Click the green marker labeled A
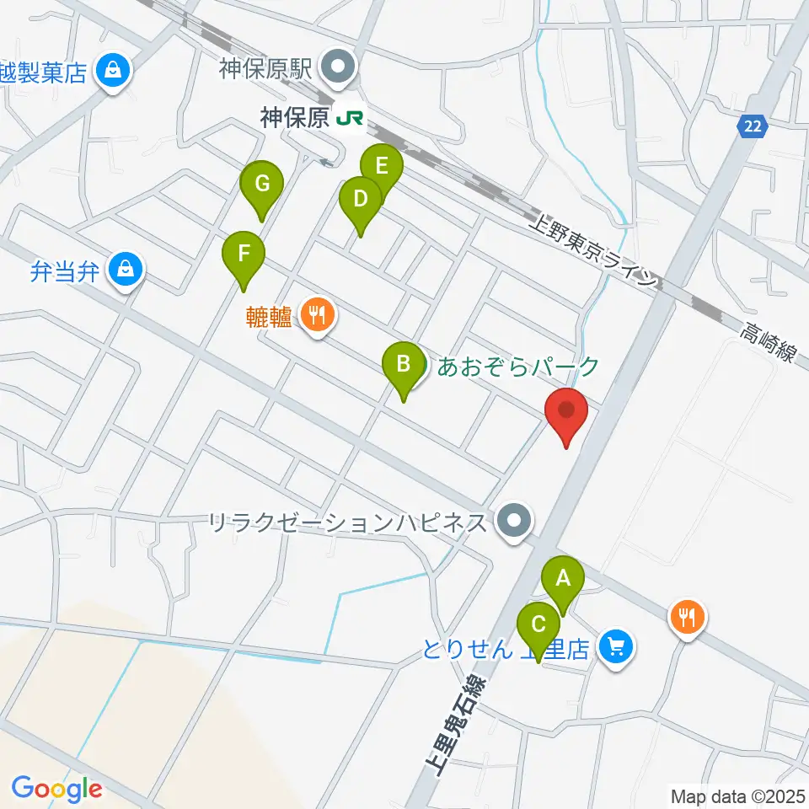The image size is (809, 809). [x=563, y=580]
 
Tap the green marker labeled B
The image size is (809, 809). [x=404, y=365]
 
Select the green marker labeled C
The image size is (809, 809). [x=539, y=626]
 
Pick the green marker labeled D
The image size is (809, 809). [x=360, y=201]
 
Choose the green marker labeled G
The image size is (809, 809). [x=262, y=184]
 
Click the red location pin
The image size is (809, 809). [x=565, y=412]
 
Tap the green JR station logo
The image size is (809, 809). [x=350, y=119]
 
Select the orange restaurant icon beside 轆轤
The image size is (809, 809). [x=318, y=317]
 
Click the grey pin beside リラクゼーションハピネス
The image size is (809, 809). [x=514, y=523]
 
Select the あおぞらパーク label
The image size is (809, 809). [x=517, y=367]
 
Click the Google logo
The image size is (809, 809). [x=56, y=789]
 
